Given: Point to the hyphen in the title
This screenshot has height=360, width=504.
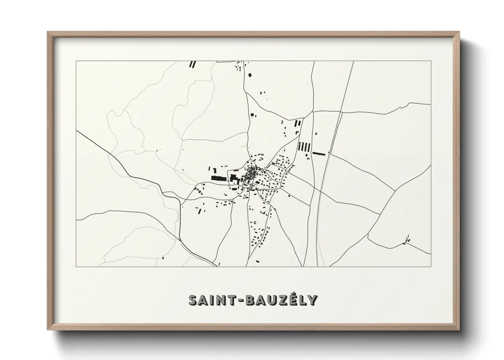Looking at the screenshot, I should [x=233, y=300].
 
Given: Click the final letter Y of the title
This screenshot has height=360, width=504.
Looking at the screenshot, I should [x=314, y=300].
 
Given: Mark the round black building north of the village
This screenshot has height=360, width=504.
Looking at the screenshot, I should [x=252, y=115].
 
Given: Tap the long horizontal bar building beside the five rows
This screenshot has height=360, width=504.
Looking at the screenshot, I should [x=319, y=153].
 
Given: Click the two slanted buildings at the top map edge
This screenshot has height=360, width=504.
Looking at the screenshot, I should [x=193, y=64].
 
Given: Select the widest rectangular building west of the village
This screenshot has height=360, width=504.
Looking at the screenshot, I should [x=219, y=178].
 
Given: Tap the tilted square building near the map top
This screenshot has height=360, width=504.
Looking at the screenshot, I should [x=250, y=75].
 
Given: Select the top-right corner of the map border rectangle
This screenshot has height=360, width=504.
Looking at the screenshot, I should [x=431, y=61].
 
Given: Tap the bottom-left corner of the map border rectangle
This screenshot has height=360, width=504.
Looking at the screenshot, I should [x=76, y=266].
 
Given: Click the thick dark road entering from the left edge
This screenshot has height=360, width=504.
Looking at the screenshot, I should [x=102, y=150].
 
